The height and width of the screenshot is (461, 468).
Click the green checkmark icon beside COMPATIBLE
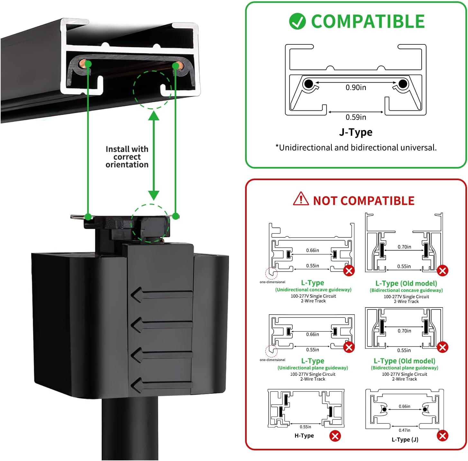point(297,21)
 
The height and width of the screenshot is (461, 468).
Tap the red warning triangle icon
point(301,198)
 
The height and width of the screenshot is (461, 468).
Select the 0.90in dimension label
point(356,88)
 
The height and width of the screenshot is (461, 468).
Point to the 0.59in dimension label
point(356,117)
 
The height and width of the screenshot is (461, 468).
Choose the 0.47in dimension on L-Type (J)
point(404,430)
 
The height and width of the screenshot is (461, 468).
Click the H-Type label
point(304,436)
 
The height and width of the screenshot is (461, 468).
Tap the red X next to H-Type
point(335,436)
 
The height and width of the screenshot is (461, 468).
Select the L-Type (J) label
point(405,440)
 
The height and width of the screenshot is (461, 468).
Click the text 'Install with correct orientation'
point(127,157)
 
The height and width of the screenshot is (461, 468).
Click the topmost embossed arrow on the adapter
point(161,295)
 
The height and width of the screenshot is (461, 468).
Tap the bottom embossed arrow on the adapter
point(161,385)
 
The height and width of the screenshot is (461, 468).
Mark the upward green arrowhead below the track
point(154,115)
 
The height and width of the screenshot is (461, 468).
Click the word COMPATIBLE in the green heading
point(368,21)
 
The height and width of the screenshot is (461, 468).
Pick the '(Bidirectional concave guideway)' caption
point(406,290)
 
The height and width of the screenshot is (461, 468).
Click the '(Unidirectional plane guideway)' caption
point(313,368)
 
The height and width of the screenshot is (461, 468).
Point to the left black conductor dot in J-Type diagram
point(308,84)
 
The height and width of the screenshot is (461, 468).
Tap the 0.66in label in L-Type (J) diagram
point(404,406)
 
